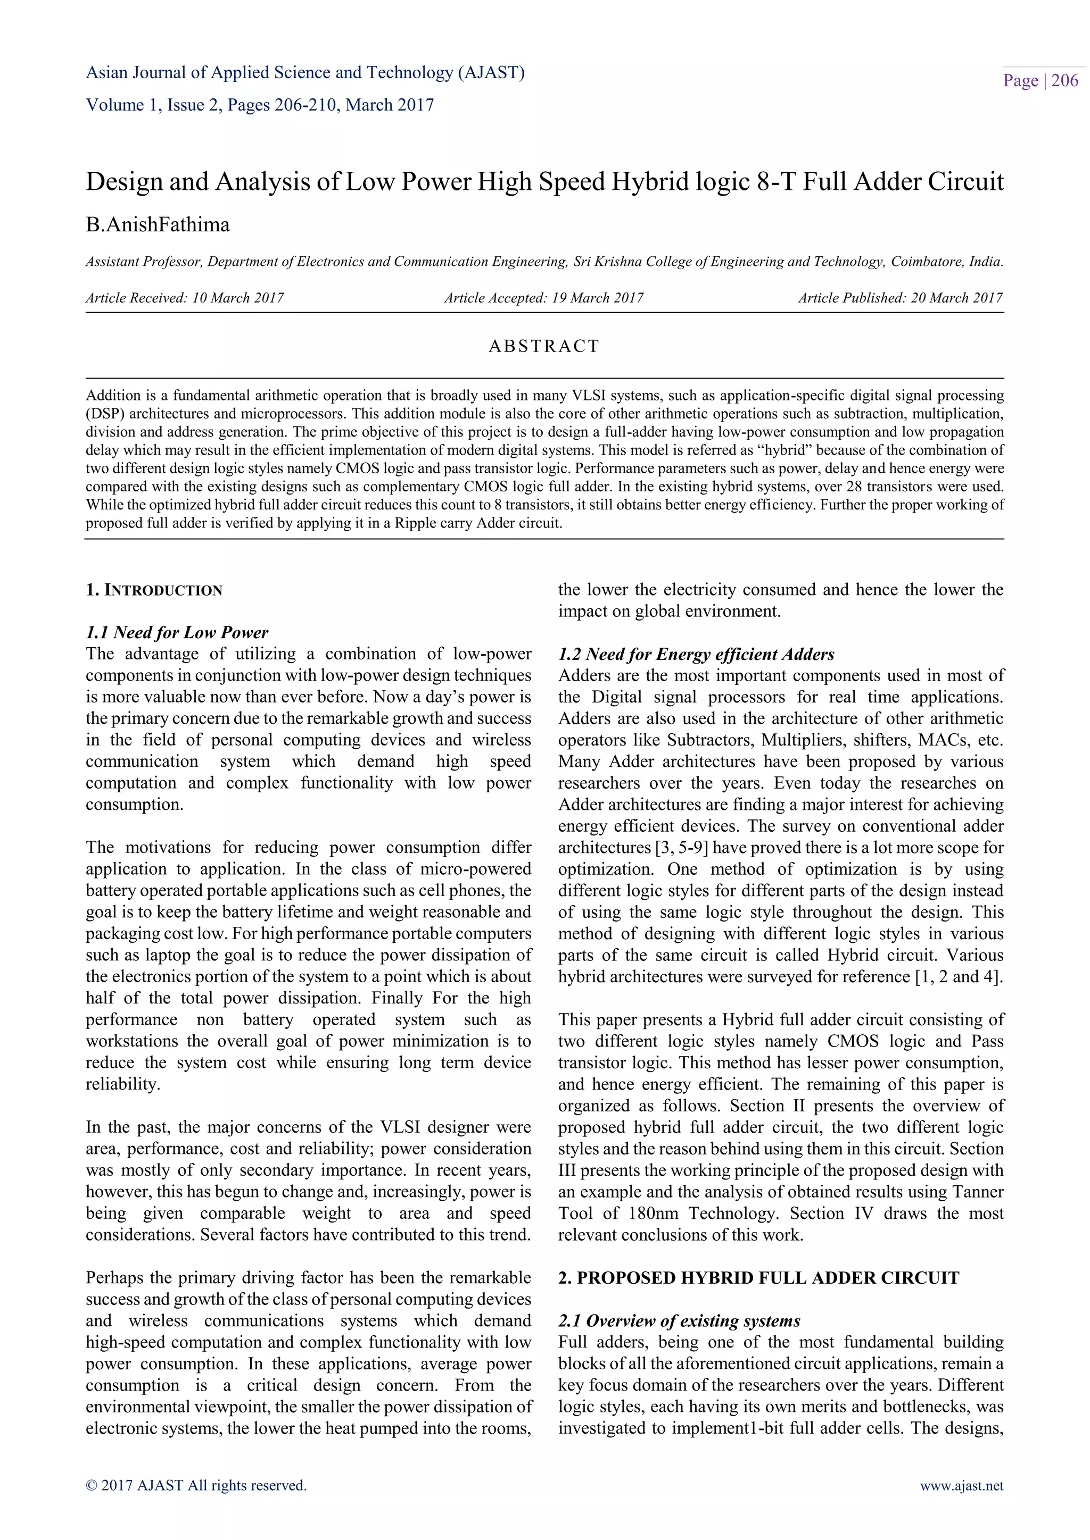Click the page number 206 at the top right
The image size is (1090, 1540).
[x=1064, y=81]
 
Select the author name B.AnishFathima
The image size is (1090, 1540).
[x=158, y=225]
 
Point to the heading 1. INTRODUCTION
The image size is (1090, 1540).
[x=154, y=590]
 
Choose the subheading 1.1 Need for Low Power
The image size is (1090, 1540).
[x=177, y=632]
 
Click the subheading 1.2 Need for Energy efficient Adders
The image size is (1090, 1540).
[x=696, y=654]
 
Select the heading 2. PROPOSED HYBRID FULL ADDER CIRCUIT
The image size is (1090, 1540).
[x=758, y=1278]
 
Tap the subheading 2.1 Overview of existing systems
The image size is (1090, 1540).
[x=679, y=1321]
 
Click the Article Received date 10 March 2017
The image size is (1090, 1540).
[x=237, y=298]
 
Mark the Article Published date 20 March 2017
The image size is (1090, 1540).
[x=956, y=298]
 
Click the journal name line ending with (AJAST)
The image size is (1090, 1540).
[x=305, y=72]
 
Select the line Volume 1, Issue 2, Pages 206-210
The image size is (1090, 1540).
[x=260, y=105]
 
